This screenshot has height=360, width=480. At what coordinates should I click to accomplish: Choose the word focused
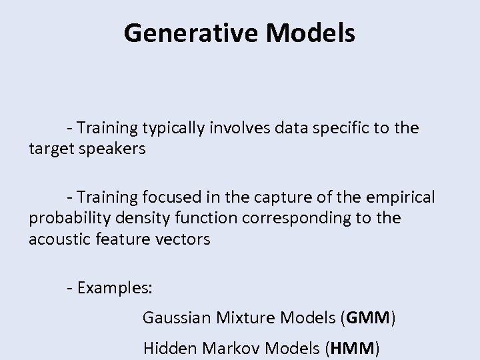[x=168, y=198]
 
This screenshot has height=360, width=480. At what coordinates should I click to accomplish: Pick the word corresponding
[x=299, y=219]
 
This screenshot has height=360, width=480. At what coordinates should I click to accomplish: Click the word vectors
[x=183, y=239]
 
